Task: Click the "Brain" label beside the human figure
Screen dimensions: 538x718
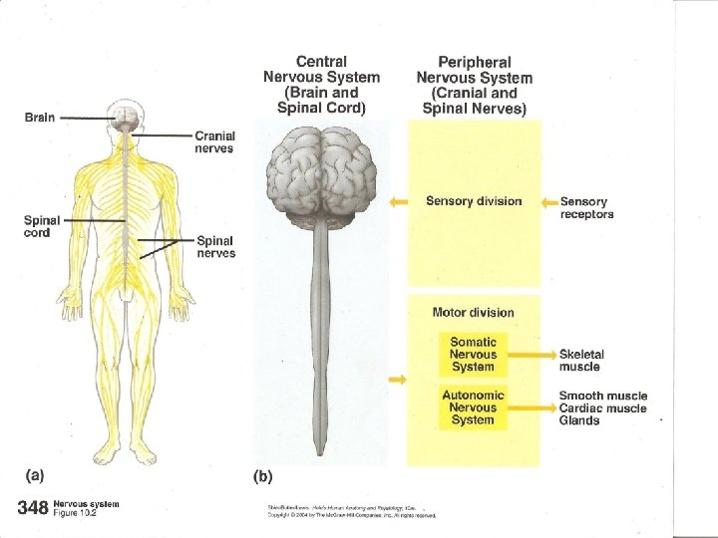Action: coord(40,117)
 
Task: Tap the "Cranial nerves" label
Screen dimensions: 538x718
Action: coord(214,141)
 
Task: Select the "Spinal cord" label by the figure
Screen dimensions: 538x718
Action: coord(42,226)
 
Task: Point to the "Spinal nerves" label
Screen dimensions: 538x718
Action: coord(216,246)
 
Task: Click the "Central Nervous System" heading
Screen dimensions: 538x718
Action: coord(321,85)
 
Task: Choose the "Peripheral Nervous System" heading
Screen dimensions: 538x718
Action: coord(474,85)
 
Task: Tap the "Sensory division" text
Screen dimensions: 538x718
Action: coord(474,201)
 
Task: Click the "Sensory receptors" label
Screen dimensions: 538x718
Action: coord(587,207)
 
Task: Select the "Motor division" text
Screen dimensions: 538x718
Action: coord(474,312)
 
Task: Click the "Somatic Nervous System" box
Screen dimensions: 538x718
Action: coord(473,354)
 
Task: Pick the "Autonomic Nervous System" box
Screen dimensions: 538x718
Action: coord(473,406)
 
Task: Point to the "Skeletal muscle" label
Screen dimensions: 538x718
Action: coord(581,360)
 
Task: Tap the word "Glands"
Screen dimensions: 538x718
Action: coord(579,420)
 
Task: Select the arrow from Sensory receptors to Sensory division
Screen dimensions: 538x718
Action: coord(548,201)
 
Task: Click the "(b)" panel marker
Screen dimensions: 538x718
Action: coord(262,476)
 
